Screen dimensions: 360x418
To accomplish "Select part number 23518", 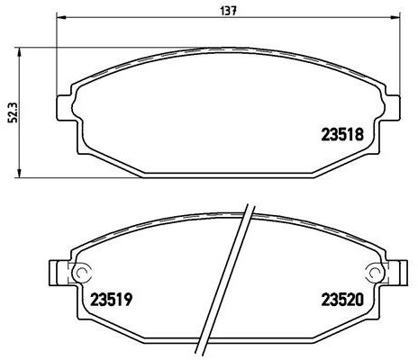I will pos(342,136).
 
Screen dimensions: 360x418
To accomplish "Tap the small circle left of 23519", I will pos(80,275).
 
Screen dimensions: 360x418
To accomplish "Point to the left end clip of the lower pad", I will pos(57,272).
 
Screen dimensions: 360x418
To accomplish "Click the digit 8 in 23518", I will pos(359,136).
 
